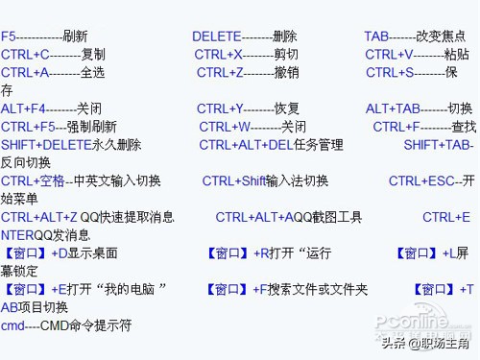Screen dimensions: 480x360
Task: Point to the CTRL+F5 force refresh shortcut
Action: [x=59, y=127]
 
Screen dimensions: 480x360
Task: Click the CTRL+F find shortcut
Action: [x=423, y=127]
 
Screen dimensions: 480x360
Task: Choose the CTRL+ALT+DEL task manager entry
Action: [x=271, y=145]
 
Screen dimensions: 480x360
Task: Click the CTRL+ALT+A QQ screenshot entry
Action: [x=288, y=217]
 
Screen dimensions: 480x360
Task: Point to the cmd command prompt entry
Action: [x=66, y=325]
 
